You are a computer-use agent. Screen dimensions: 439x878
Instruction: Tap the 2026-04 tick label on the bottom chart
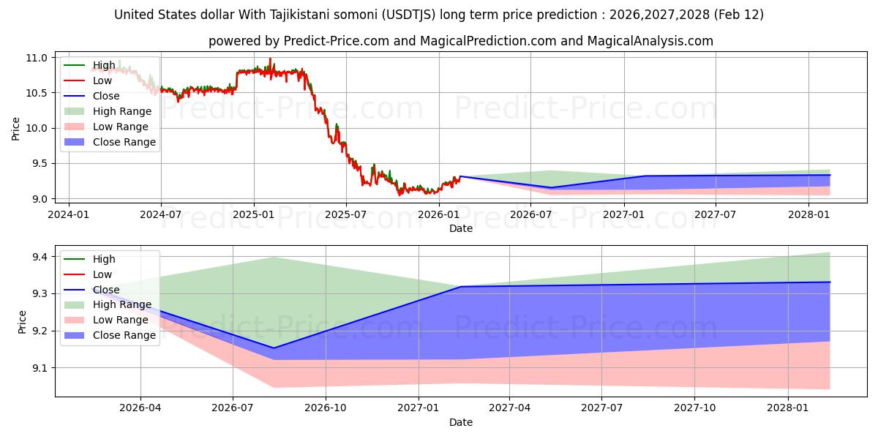pos(140,408)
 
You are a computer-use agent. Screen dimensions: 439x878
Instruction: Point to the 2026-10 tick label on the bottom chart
pos(325,408)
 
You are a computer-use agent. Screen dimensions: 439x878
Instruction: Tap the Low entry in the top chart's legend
pos(102,80)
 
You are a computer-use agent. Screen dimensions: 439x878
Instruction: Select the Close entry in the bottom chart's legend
pos(106,290)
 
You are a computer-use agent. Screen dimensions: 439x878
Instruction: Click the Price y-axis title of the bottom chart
pos(22,322)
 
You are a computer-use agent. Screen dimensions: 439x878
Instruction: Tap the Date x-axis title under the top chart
pos(461,228)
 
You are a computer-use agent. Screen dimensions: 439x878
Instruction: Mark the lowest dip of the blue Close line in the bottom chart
pos(273,348)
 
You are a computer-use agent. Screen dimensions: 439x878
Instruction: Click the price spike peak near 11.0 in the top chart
pos(270,59)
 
